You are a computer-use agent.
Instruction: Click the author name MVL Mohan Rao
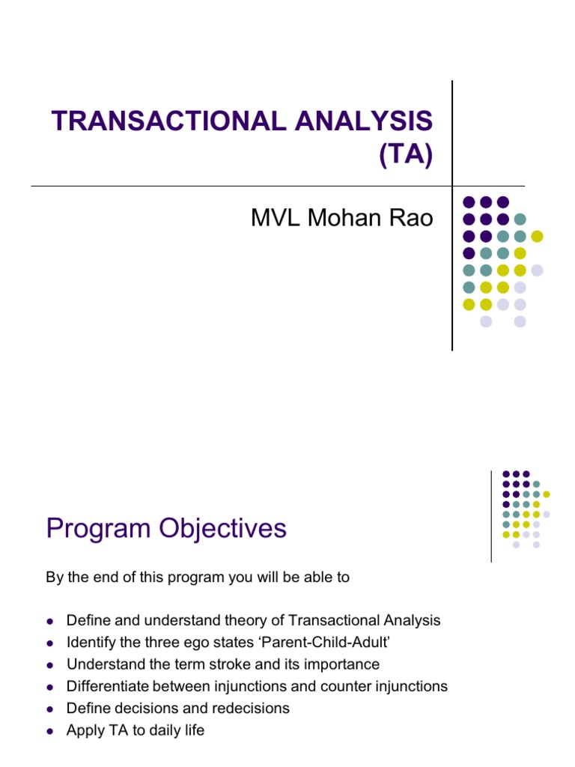click(x=341, y=218)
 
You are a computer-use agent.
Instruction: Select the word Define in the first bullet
click(x=87, y=621)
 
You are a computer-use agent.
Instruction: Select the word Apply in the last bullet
click(x=84, y=730)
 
